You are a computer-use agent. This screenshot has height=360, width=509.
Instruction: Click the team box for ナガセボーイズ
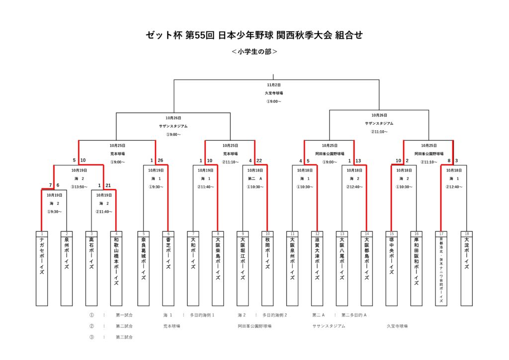42,269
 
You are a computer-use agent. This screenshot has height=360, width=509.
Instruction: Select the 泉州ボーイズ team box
67,269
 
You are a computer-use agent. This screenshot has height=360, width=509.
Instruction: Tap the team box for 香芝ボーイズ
169,269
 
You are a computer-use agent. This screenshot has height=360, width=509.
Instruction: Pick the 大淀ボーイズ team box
466,269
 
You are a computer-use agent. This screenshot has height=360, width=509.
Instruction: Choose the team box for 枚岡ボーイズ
267,269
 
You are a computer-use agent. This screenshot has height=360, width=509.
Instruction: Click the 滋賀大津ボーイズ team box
317,269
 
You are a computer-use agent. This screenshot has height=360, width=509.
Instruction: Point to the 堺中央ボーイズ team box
392,269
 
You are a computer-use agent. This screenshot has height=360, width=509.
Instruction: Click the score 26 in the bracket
160,161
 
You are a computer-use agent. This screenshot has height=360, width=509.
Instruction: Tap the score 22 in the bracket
259,161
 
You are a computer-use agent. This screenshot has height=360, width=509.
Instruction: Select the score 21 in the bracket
108,185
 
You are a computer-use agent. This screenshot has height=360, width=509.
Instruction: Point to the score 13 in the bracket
358,161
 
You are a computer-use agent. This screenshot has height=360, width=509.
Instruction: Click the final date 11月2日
274,85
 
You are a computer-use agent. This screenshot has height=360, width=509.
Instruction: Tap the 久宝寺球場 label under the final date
274,93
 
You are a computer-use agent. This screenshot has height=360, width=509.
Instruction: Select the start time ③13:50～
79,187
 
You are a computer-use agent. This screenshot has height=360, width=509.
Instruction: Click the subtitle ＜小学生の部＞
254,51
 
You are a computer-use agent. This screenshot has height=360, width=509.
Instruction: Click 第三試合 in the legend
124,337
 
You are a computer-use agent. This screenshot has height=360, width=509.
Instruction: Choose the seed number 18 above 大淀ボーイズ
466,234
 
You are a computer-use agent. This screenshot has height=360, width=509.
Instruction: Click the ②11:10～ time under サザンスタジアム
379,132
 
